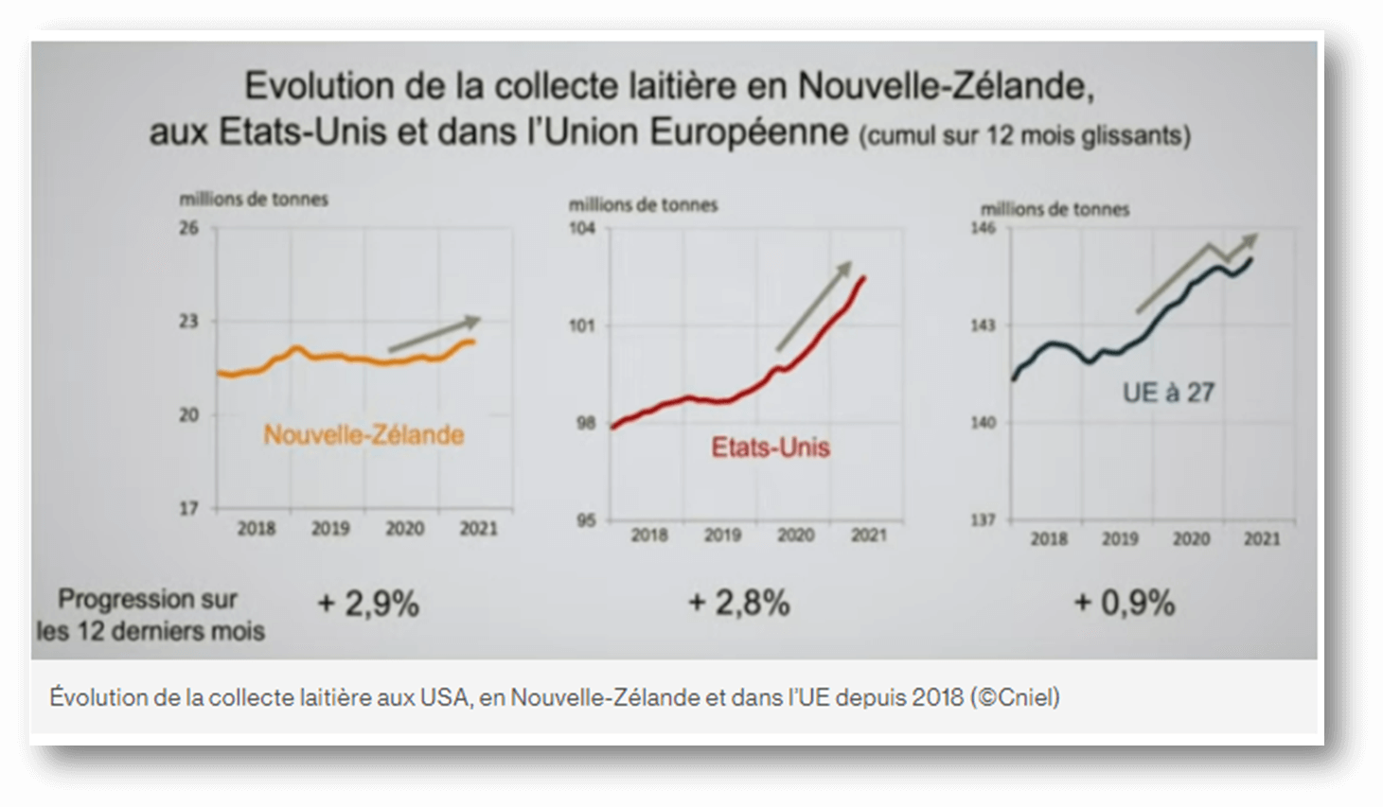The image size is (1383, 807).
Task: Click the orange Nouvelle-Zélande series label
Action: point(363,435)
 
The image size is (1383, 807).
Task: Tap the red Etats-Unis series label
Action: point(771,447)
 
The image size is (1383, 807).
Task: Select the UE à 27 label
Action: point(1168,393)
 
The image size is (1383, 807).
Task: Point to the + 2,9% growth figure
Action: point(368,604)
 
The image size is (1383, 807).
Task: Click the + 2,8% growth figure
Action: point(739,603)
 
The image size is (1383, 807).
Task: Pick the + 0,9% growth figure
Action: point(1125,603)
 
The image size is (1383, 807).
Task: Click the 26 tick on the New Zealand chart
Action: point(189,228)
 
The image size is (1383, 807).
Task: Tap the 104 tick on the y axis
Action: point(583,228)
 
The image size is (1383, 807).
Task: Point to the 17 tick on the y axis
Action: point(189,508)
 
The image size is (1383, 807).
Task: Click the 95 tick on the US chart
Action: point(586,520)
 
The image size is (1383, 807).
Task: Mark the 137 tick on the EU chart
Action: point(984,520)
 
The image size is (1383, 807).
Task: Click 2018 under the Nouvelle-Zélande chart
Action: point(256,529)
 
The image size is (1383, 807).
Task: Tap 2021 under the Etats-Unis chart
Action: point(868,535)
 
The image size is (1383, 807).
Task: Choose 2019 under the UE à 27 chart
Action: point(1120,539)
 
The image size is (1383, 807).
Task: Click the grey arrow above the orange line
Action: point(434,334)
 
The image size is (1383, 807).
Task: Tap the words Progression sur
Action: point(148,600)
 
